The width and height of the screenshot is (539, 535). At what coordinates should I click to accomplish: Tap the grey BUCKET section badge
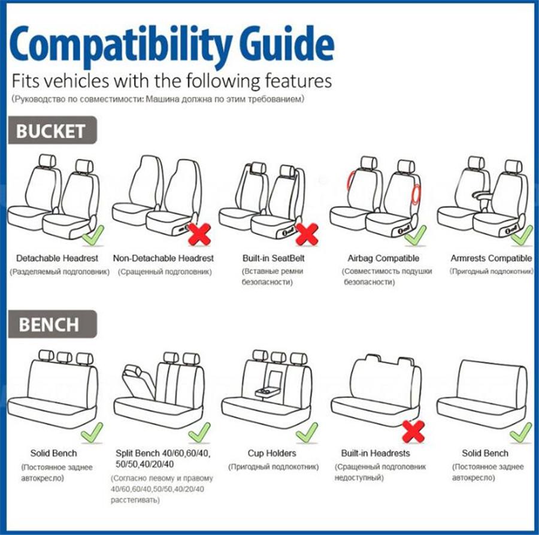pyautogui.click(x=52, y=131)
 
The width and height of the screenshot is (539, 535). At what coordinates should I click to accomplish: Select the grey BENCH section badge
pyautogui.click(x=52, y=324)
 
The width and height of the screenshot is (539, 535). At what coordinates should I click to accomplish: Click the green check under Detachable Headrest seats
pyautogui.click(x=93, y=236)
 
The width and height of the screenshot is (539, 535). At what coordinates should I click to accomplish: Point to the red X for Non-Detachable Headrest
pyautogui.click(x=199, y=234)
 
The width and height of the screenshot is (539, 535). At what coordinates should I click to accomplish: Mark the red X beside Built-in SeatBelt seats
pyautogui.click(x=307, y=234)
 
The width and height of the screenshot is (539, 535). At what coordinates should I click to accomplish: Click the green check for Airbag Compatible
pyautogui.click(x=416, y=236)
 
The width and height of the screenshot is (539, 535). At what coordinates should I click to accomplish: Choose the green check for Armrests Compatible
pyautogui.click(x=522, y=236)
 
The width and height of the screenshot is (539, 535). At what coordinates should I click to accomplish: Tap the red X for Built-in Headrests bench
pyautogui.click(x=413, y=431)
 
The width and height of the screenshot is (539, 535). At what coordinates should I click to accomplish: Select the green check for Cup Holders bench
pyautogui.click(x=307, y=433)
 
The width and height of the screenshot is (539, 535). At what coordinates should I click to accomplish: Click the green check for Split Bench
pyautogui.click(x=199, y=433)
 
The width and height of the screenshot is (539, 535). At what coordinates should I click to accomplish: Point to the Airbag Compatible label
pyautogui.click(x=383, y=258)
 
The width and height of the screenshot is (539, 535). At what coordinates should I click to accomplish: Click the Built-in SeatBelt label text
pyautogui.click(x=273, y=258)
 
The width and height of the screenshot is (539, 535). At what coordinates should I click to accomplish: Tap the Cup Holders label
pyautogui.click(x=272, y=453)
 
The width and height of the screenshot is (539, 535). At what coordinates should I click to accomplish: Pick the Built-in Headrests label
pyautogui.click(x=376, y=453)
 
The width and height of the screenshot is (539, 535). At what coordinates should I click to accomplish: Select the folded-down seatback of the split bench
pyautogui.click(x=138, y=381)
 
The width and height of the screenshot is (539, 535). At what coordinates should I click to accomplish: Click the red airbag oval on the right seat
pyautogui.click(x=416, y=194)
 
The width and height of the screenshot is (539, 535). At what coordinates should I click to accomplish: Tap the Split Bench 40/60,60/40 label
pyautogui.click(x=162, y=453)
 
